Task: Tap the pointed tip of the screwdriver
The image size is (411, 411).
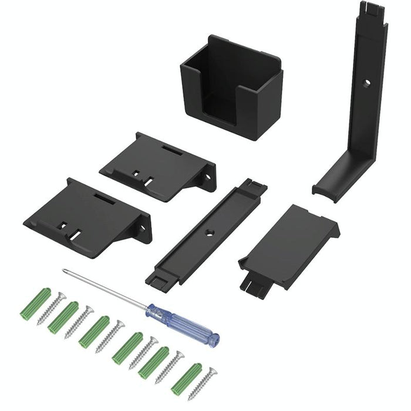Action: [64, 270]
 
